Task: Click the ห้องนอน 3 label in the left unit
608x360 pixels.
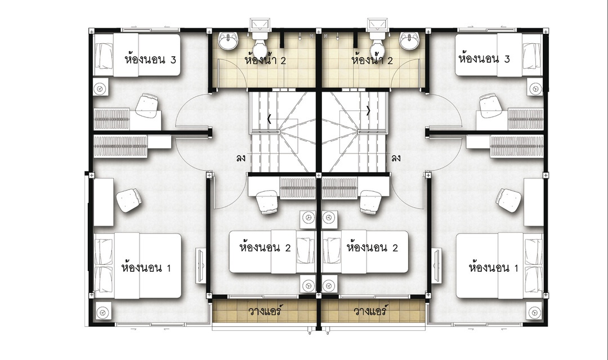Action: (150, 60)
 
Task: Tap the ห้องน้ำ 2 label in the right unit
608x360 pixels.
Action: (372, 60)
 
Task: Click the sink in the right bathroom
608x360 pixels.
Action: (409, 41)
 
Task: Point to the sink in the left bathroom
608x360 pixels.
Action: (228, 41)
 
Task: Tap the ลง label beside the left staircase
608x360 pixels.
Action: (240, 158)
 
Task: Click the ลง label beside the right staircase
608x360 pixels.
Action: (396, 158)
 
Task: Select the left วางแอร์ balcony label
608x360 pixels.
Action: (265, 311)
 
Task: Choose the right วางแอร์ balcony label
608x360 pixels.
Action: (370, 311)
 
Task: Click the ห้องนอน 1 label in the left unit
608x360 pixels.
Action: (146, 268)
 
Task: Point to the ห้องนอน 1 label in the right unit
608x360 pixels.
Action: (493, 268)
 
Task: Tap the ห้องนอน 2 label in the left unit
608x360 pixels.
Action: (265, 247)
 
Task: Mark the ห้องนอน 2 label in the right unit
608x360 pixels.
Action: (372, 247)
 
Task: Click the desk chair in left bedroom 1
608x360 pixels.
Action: (129, 200)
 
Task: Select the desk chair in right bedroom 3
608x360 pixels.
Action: (490, 105)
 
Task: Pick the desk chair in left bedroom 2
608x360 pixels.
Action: (267, 202)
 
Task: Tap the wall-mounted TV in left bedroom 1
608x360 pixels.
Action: (200, 266)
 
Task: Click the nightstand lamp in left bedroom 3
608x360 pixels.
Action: (101, 88)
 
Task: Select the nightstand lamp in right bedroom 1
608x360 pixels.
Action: (534, 312)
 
